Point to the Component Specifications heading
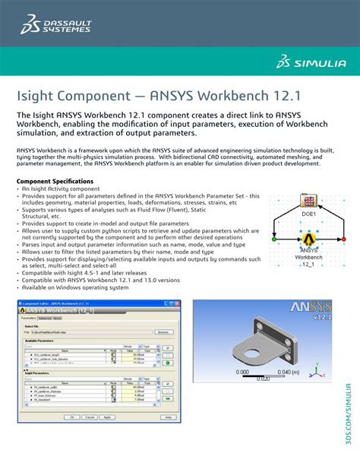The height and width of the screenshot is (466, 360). point(55,182)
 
